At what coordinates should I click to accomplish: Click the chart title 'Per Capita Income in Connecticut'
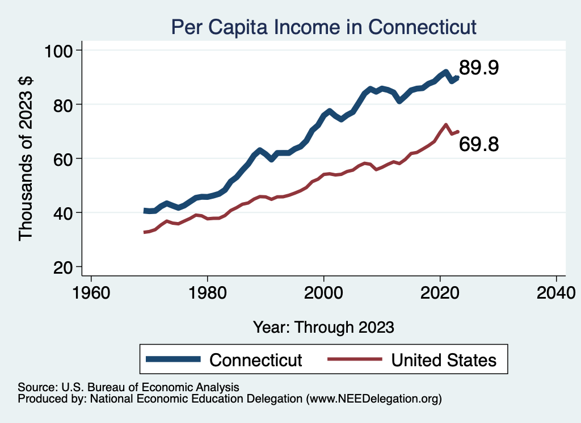tap(324, 27)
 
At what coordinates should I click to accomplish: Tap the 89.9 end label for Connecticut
tap(478, 68)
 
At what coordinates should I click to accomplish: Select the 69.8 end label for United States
tap(478, 144)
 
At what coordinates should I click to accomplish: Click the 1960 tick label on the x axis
tap(91, 292)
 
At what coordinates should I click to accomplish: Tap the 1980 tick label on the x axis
tap(208, 292)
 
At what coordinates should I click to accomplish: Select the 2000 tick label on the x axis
tap(323, 292)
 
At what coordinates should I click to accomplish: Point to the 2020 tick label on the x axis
tap(440, 292)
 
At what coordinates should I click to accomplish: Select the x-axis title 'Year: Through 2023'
tap(323, 327)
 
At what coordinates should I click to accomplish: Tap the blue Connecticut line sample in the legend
tap(173, 359)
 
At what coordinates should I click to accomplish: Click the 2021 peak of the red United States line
tap(445, 125)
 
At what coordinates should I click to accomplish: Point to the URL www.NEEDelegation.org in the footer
tap(373, 399)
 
